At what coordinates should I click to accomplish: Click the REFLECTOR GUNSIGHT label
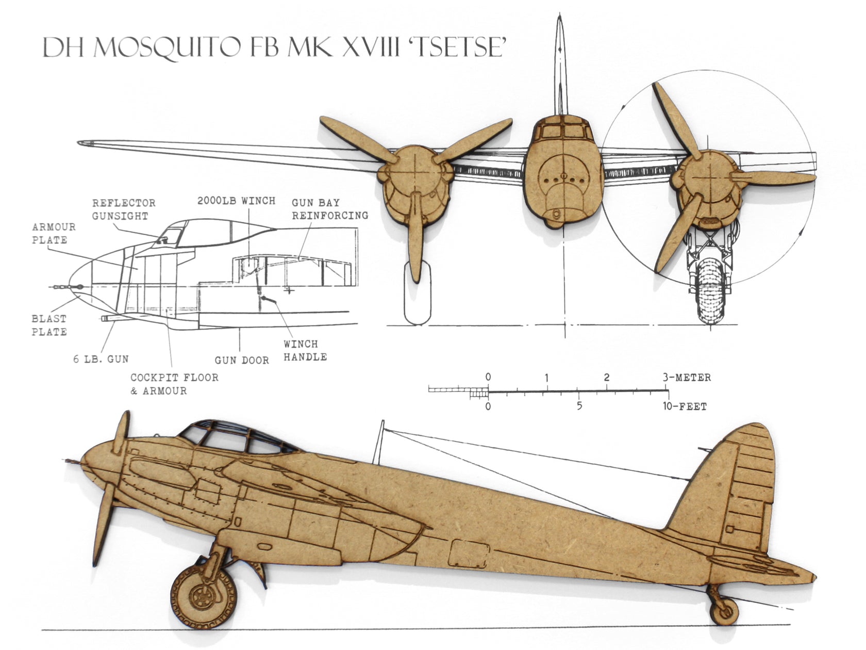coord(124,209)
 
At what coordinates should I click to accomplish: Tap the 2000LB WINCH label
coord(236,201)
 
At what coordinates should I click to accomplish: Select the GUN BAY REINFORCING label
coord(330,209)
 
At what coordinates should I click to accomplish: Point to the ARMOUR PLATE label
coord(54,233)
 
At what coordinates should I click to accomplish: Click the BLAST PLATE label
coord(49,325)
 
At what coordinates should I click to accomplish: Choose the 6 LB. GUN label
coord(101,359)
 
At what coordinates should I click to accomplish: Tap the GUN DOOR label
coord(242,360)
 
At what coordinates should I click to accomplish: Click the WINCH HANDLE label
coord(305,350)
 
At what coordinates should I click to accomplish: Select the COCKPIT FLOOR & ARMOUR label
coord(174,384)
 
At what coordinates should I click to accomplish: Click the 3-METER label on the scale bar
coord(687,378)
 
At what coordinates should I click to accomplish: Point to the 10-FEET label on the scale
coord(685,407)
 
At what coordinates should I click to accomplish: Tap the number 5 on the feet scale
coord(579,406)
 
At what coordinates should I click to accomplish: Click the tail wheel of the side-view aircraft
coord(724,611)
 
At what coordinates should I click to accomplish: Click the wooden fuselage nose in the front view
coord(563,175)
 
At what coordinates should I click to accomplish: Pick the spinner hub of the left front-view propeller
coord(415,173)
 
